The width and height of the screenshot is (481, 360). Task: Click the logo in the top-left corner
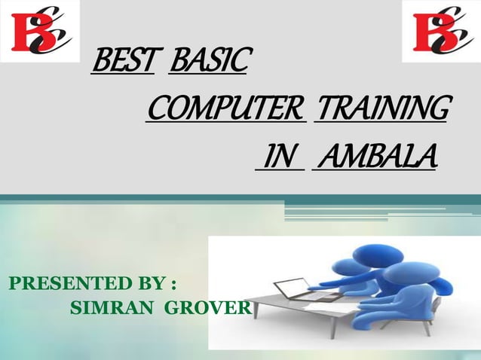point(40,31)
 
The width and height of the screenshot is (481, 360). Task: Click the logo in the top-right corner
point(440,31)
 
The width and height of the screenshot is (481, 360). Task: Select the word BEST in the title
point(122,63)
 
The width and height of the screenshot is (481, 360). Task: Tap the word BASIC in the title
point(207,63)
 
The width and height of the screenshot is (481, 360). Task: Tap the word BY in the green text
point(154,285)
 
